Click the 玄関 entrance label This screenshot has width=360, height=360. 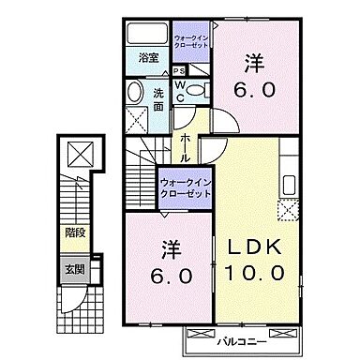click(x=72, y=268)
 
